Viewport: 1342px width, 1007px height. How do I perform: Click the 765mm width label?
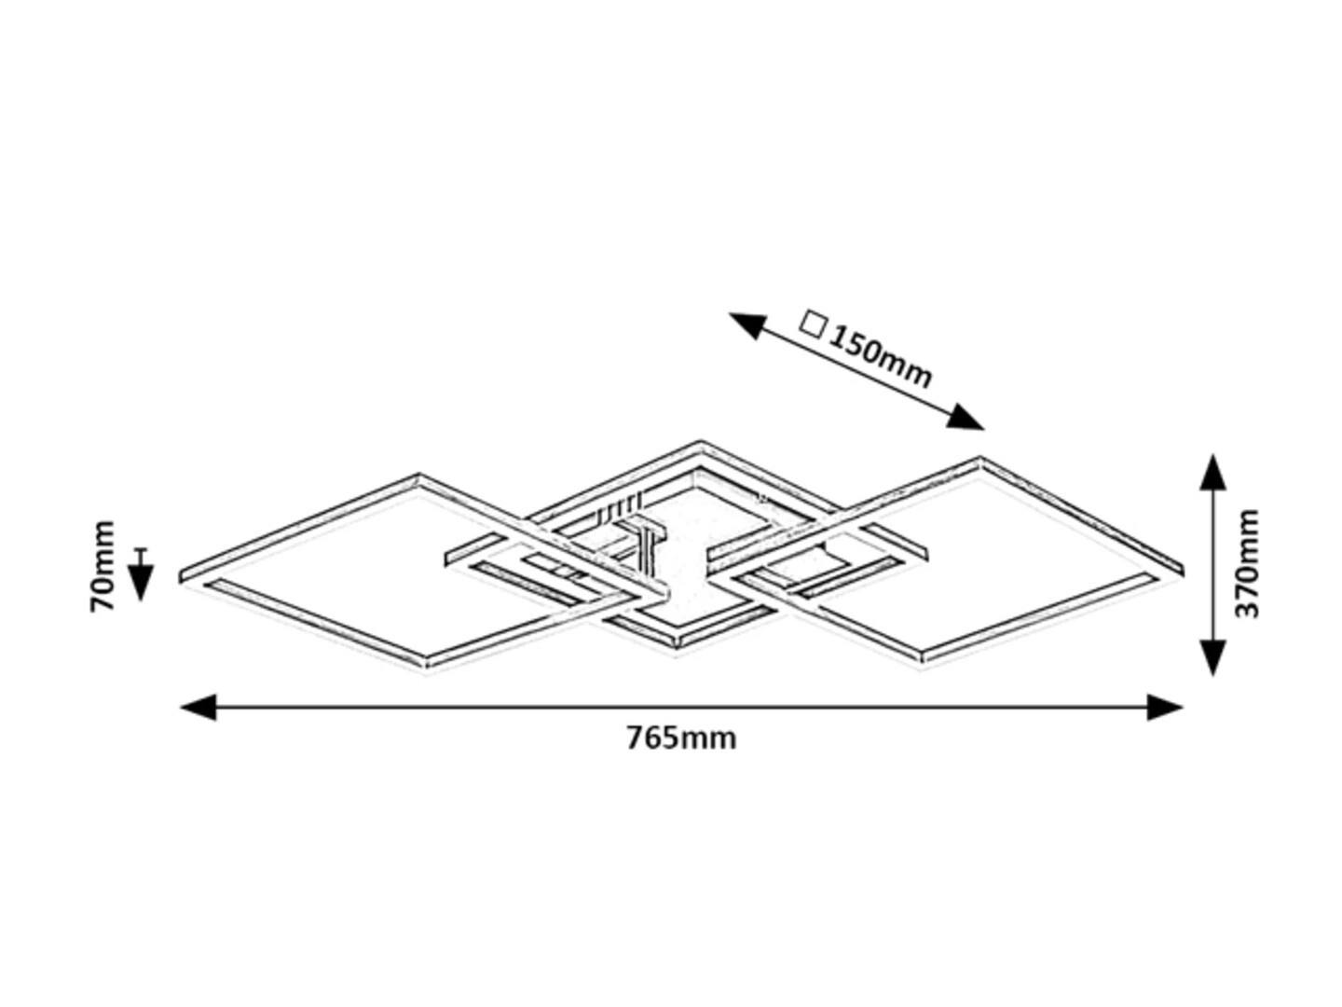(x=680, y=739)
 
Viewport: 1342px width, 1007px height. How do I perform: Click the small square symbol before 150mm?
(x=814, y=325)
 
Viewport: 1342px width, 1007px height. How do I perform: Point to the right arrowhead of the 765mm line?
(x=1165, y=708)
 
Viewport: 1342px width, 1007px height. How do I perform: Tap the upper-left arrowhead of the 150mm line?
(x=747, y=324)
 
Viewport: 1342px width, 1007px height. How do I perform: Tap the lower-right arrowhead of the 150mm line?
(x=965, y=418)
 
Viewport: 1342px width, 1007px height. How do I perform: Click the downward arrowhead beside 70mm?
(x=141, y=583)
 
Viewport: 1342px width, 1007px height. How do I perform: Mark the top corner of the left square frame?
(x=418, y=475)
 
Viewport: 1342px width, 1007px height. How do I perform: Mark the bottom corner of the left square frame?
(x=427, y=671)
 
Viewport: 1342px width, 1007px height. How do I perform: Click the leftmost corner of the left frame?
(x=181, y=576)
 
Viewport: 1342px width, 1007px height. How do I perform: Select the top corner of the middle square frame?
(x=701, y=441)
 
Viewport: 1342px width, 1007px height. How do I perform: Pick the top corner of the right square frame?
(x=980, y=458)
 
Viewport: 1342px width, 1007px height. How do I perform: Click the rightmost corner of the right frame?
(x=1183, y=570)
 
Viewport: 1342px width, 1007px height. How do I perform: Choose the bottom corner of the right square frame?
(x=922, y=667)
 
